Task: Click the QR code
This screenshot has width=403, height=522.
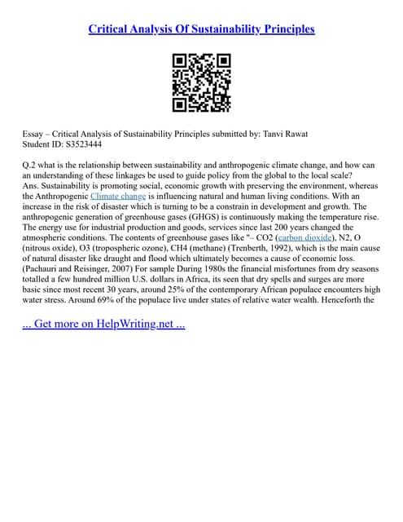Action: pos(202,82)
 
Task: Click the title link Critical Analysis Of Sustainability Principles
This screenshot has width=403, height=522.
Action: pos(201,29)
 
